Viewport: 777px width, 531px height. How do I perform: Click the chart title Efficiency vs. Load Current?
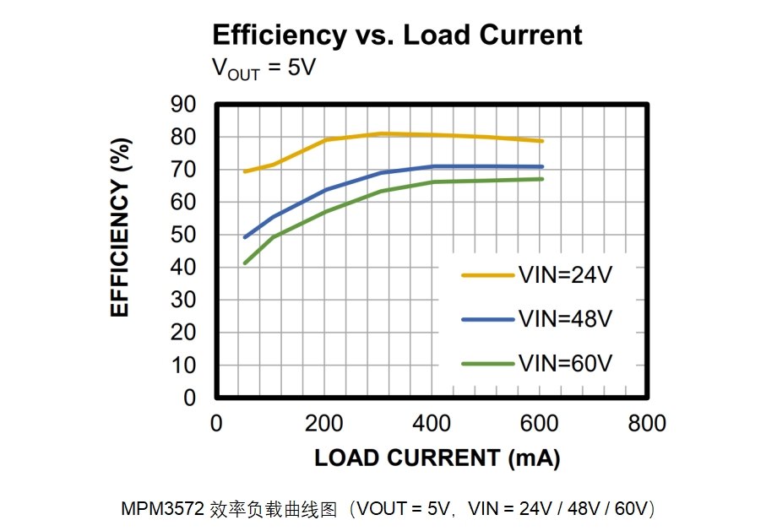coord(397,35)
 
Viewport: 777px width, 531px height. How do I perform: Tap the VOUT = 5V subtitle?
coord(263,68)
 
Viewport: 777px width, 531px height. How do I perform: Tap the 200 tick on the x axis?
coord(323,424)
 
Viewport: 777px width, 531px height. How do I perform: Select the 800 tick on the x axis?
coord(647,424)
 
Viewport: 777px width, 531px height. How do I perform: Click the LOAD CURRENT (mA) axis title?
coord(437,458)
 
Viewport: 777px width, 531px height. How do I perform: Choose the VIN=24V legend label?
coord(565,274)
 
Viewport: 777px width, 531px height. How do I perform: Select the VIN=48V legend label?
coord(565,319)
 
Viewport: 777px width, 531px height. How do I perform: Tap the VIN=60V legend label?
coord(565,364)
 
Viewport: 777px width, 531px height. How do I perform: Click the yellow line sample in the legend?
coord(487,274)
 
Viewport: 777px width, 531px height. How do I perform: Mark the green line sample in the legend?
coord(487,364)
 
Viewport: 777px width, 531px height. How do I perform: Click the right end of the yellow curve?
coord(541,141)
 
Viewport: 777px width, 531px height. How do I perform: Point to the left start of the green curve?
coord(245,263)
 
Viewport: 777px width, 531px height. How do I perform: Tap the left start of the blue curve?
coord(245,237)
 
